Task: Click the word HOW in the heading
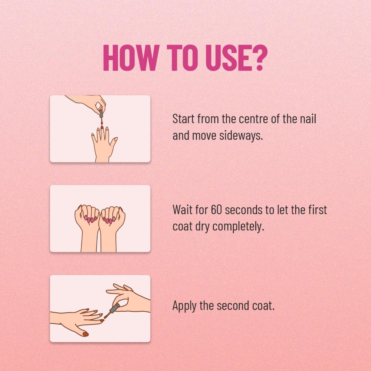click(x=131, y=58)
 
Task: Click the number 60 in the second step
click(x=217, y=210)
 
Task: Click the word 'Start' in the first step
click(x=184, y=119)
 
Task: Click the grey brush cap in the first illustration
click(x=101, y=113)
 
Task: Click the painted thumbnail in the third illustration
click(x=85, y=334)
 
